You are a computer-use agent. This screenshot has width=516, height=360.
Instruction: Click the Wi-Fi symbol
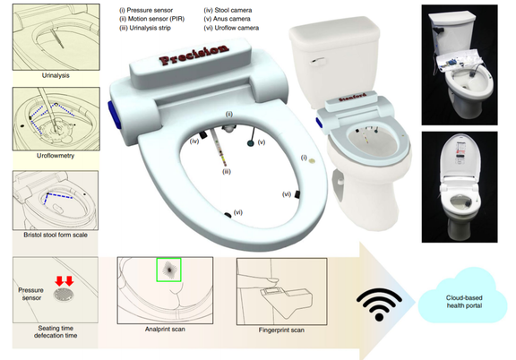coord(379,304)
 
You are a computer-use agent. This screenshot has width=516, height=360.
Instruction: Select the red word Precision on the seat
coord(194,55)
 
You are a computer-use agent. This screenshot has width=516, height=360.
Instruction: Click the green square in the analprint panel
coord(168,270)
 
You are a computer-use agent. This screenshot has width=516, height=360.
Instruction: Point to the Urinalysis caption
coord(56,75)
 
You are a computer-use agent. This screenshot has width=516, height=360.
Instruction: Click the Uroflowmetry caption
coord(56,156)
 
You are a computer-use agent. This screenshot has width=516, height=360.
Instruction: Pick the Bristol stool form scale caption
coord(56,235)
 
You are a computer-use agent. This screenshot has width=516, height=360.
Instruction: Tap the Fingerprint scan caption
coord(281,330)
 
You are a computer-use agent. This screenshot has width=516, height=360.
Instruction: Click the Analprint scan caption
coord(165,329)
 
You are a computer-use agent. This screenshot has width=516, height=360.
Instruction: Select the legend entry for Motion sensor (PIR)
coord(152,19)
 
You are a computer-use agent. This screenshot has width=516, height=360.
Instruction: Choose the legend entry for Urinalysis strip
coord(145,28)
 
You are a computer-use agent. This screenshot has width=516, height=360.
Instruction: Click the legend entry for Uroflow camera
coord(231,28)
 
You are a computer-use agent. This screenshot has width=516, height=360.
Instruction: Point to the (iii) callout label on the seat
coord(227,171)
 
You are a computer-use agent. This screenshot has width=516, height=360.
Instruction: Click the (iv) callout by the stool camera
coord(194,141)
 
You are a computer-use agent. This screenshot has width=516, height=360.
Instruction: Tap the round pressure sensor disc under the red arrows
coord(64,295)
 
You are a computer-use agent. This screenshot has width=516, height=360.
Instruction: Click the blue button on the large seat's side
coord(112,115)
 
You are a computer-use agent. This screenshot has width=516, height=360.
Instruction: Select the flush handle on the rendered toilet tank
coord(318,61)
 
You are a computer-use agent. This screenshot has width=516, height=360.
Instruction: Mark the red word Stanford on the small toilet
coord(352,98)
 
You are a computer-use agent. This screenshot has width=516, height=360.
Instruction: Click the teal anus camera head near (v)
coord(251,143)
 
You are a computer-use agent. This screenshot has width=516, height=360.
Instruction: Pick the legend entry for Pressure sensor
coord(146,10)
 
